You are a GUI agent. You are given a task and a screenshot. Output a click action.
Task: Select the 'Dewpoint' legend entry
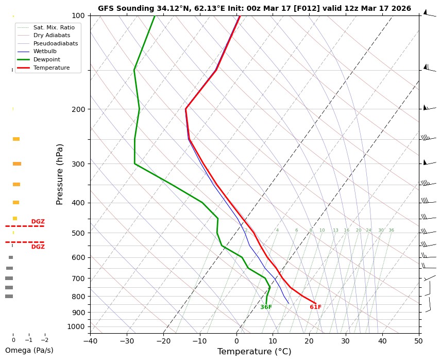pos(46,59)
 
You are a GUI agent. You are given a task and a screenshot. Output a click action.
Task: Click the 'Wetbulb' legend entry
pos(45,51)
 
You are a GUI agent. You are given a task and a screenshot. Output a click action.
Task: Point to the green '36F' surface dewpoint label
pos(266,307)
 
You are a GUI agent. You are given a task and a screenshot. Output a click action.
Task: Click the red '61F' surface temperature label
pos(315,307)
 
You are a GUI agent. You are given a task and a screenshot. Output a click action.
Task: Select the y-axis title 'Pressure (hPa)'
pos(60,174)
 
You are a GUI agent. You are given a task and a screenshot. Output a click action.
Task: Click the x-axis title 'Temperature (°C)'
pos(254,352)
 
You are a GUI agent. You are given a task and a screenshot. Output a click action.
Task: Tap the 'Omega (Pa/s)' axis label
pos(29,350)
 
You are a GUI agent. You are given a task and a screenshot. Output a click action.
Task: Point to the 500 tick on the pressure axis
pos(78,233)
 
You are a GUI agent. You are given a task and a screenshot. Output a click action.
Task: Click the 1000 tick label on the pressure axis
pos(77,326)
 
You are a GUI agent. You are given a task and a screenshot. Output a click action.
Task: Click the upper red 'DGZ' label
pos(38,222)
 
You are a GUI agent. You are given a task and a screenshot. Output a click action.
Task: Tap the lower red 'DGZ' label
pos(38,247)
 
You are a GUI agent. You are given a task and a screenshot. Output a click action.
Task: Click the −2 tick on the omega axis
pos(44,340)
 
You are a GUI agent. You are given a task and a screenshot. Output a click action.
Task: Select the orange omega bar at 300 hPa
pos(17,164)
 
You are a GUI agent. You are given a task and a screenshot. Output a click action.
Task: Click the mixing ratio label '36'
pos(392,231)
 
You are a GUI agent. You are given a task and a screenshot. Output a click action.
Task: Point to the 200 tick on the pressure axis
pos(78,109)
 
